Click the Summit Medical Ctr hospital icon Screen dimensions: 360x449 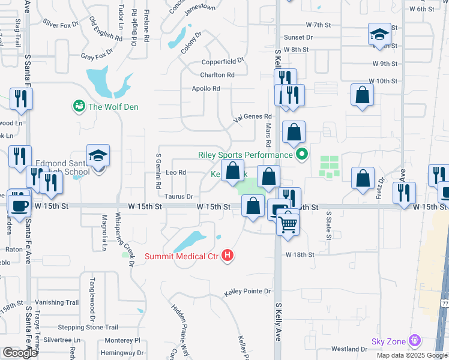point(228,256)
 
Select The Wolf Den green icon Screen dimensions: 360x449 point(79,106)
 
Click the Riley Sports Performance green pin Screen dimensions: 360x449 point(303,155)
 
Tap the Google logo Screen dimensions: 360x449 point(20,353)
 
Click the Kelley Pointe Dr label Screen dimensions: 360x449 point(247,292)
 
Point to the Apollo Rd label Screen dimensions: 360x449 point(206,89)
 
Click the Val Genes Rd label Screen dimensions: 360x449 point(253,117)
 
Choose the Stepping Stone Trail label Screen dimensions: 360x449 point(88,328)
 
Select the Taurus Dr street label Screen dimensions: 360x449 point(178,196)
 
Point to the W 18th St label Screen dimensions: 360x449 point(300,254)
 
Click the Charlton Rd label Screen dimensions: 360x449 point(217,75)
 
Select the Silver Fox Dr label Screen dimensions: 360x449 point(61,24)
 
